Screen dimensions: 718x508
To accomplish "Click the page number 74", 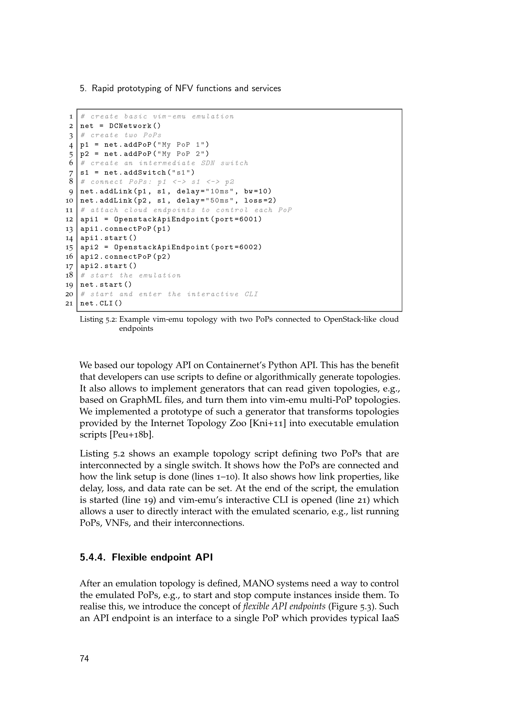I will tap(84, 658).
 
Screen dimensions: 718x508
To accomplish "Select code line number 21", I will tap(69, 303).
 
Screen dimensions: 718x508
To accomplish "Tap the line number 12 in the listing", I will tap(69, 219).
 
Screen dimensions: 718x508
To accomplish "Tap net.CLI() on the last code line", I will tap(101, 303).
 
